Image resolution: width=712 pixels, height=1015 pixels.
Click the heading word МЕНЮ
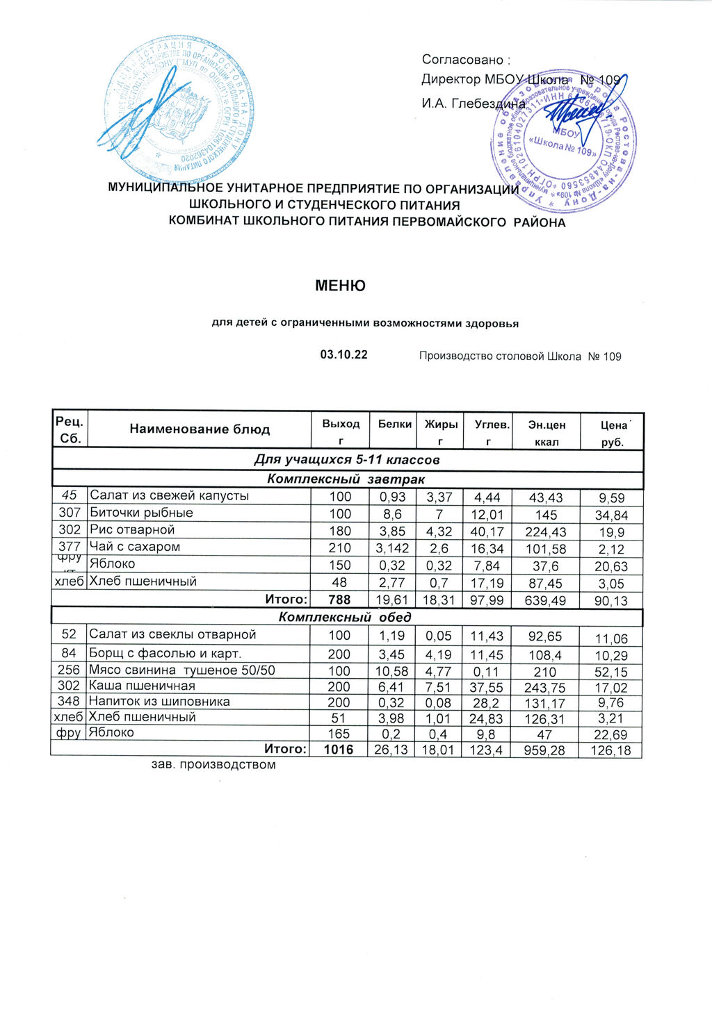340,286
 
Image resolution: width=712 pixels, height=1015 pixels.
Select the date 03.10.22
343,355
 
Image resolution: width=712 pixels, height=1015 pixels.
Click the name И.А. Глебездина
474,104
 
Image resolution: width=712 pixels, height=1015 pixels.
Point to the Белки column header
394,424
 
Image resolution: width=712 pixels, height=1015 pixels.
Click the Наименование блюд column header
200,429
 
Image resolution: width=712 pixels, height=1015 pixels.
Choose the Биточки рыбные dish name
141,513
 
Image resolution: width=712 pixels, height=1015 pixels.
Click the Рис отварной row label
132,530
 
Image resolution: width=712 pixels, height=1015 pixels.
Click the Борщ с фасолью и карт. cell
165,654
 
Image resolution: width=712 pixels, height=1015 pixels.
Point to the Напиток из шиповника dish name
159,702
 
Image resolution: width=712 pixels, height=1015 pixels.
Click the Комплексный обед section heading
345,617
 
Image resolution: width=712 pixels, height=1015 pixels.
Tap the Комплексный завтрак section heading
346,479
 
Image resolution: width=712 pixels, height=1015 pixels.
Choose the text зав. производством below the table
213,765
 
